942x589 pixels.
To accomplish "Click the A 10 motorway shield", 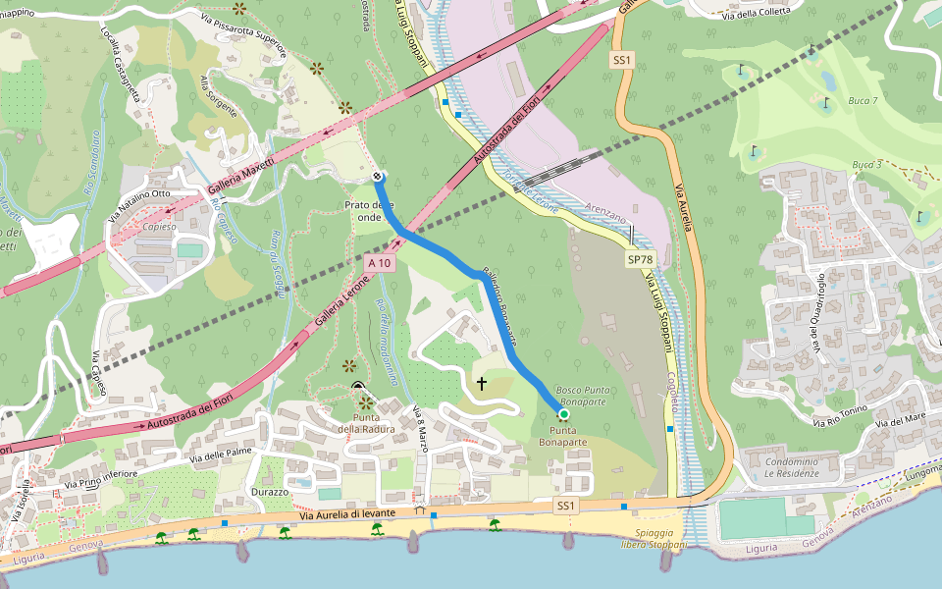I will pos(380,263).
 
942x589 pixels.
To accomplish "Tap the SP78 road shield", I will pos(640,259).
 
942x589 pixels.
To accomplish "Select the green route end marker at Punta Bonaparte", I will pos(564,415).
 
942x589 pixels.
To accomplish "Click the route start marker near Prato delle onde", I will pos(378,177).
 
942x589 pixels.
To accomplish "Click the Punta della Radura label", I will pos(366,423).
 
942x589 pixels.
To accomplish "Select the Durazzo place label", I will pos(269,491).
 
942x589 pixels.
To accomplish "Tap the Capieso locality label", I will pos(159,226).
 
